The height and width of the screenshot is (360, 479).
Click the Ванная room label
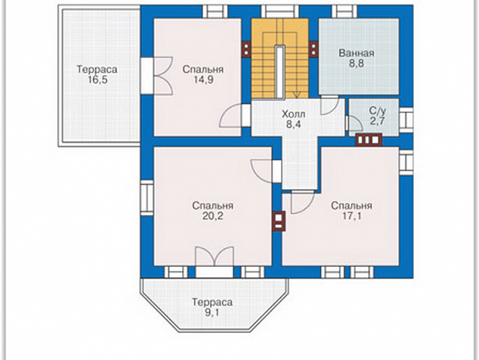click(356, 53)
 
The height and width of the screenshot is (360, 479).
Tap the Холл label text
click(293, 114)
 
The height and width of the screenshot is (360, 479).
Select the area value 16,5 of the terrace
click(97, 80)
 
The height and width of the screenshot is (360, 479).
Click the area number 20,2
click(212, 216)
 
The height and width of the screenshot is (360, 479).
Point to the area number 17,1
click(351, 216)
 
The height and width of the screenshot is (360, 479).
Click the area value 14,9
click(202, 79)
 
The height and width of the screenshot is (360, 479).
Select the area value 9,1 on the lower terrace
click(212, 312)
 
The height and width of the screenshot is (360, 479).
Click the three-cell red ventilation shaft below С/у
click(369, 140)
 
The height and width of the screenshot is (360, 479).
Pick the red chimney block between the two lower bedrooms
click(279, 221)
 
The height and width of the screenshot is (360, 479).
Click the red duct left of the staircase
click(246, 49)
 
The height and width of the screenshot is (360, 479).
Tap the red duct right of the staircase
click(314, 49)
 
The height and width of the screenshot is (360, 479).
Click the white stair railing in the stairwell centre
click(280, 72)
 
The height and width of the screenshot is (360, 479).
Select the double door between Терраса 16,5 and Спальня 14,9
click(156, 76)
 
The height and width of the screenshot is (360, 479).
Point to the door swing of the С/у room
click(354, 123)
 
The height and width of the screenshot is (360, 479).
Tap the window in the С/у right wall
click(406, 119)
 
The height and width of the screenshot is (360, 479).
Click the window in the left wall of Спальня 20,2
click(147, 197)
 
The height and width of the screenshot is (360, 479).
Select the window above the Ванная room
click(345, 11)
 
